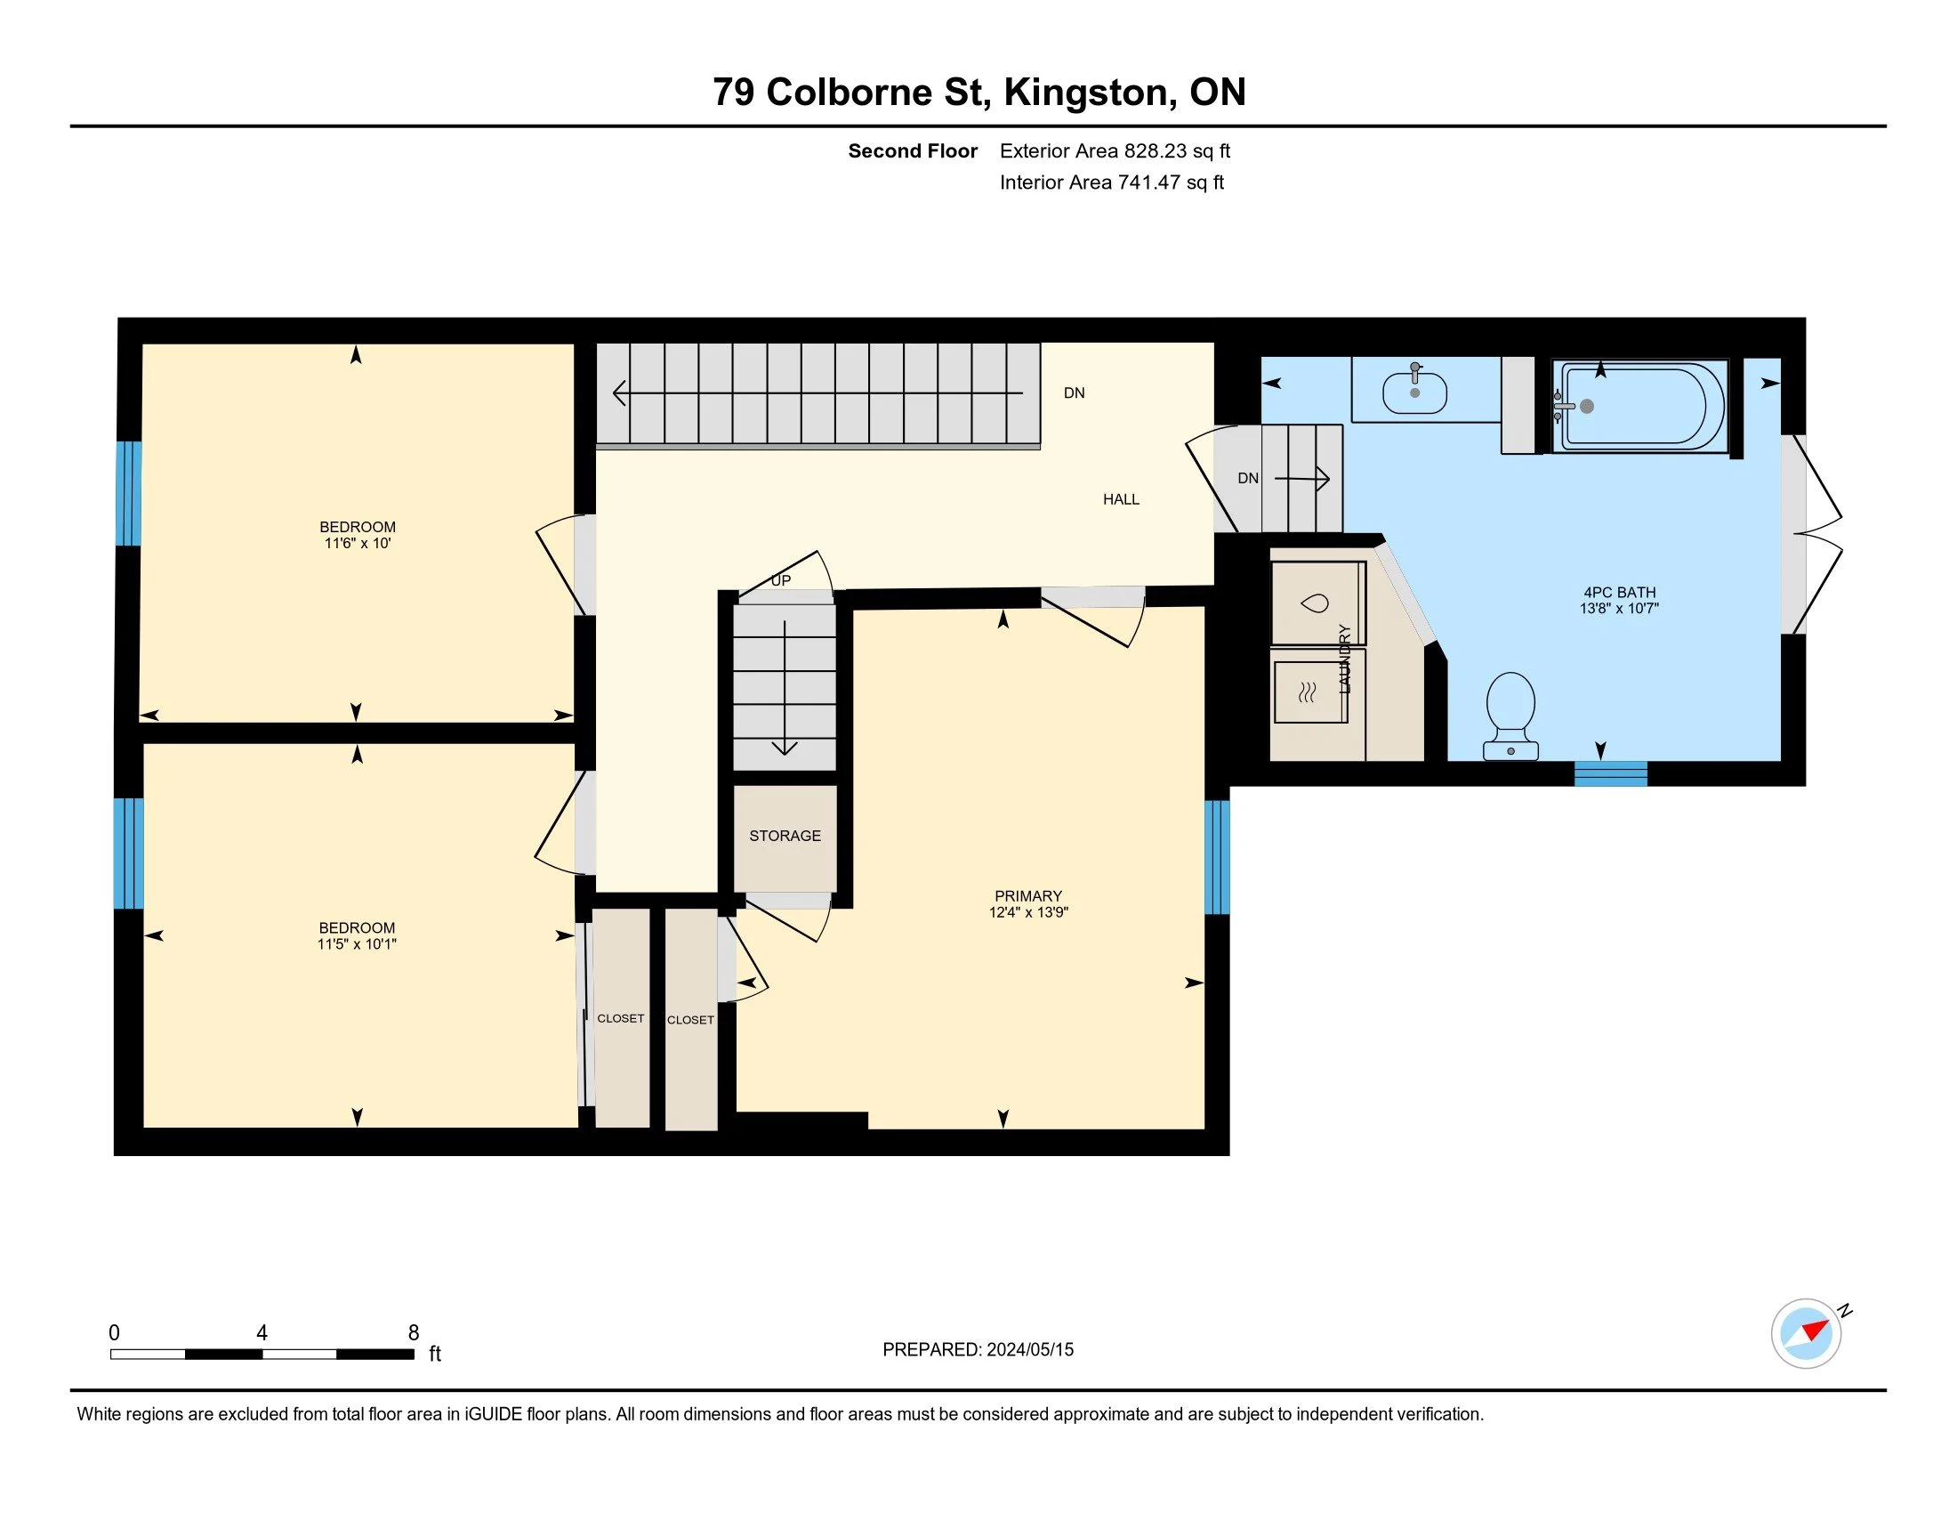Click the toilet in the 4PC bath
coord(1510,716)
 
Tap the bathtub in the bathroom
coord(1639,406)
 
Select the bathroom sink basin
coord(1415,392)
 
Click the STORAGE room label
coord(785,836)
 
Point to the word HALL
coord(1121,499)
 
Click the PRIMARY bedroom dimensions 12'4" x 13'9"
coord(1028,912)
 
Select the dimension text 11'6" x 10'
coord(358,543)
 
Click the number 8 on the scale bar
coord(413,1332)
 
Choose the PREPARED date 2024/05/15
coord(1029,1349)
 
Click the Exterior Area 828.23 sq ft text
coord(1115,150)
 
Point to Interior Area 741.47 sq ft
coord(1112,182)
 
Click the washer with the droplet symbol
coord(1317,603)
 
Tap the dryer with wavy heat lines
coord(1309,691)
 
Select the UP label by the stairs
coord(781,580)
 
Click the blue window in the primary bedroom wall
coord(1217,857)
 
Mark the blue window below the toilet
coord(1610,773)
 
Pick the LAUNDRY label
coord(1344,658)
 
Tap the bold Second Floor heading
coord(912,150)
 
